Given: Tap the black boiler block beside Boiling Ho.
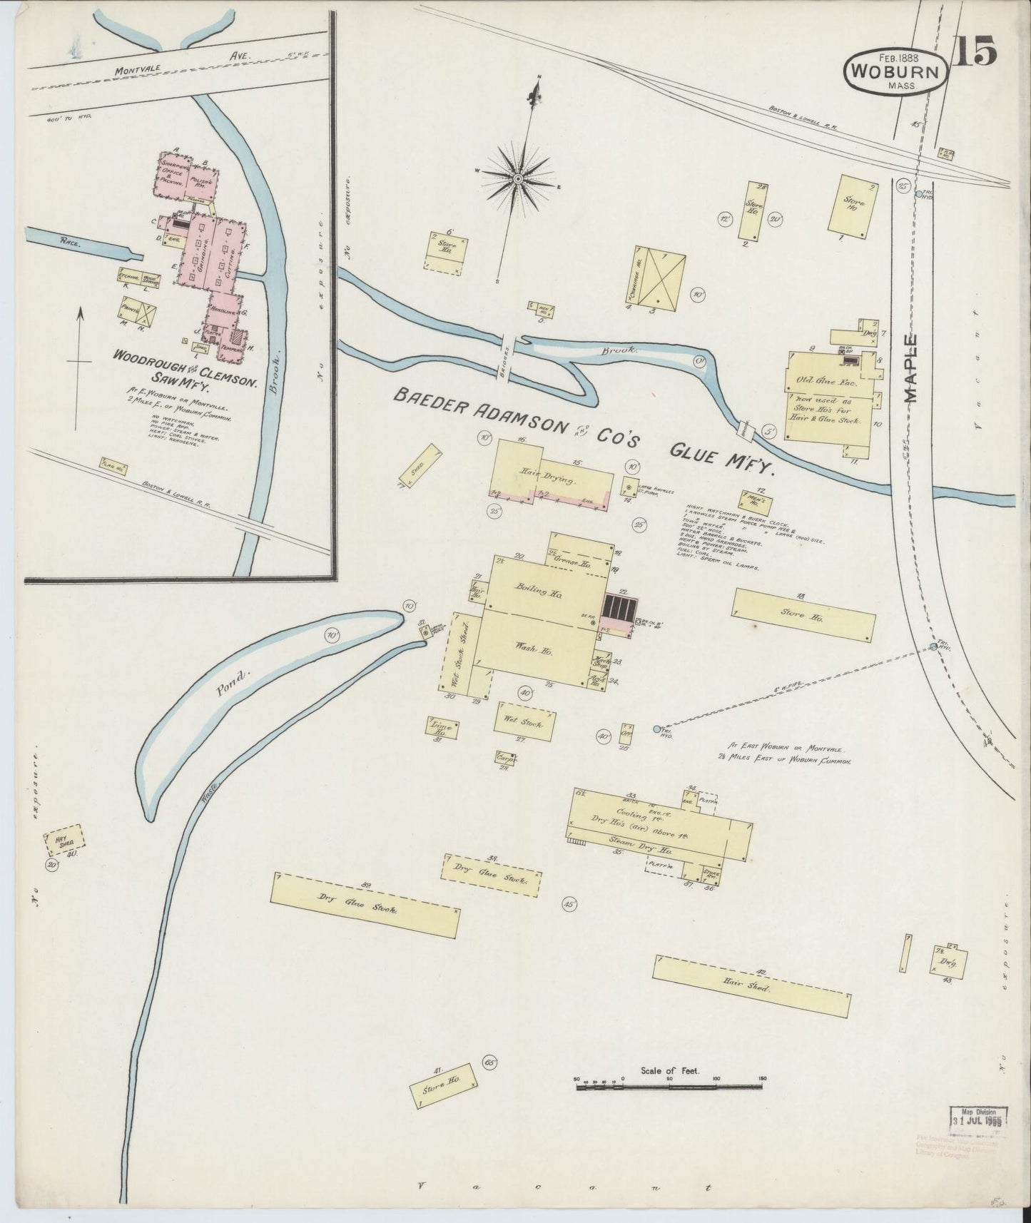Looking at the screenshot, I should pos(618,607).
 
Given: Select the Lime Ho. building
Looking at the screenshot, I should pos(442,729).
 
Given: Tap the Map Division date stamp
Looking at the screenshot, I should pos(977,1116).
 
